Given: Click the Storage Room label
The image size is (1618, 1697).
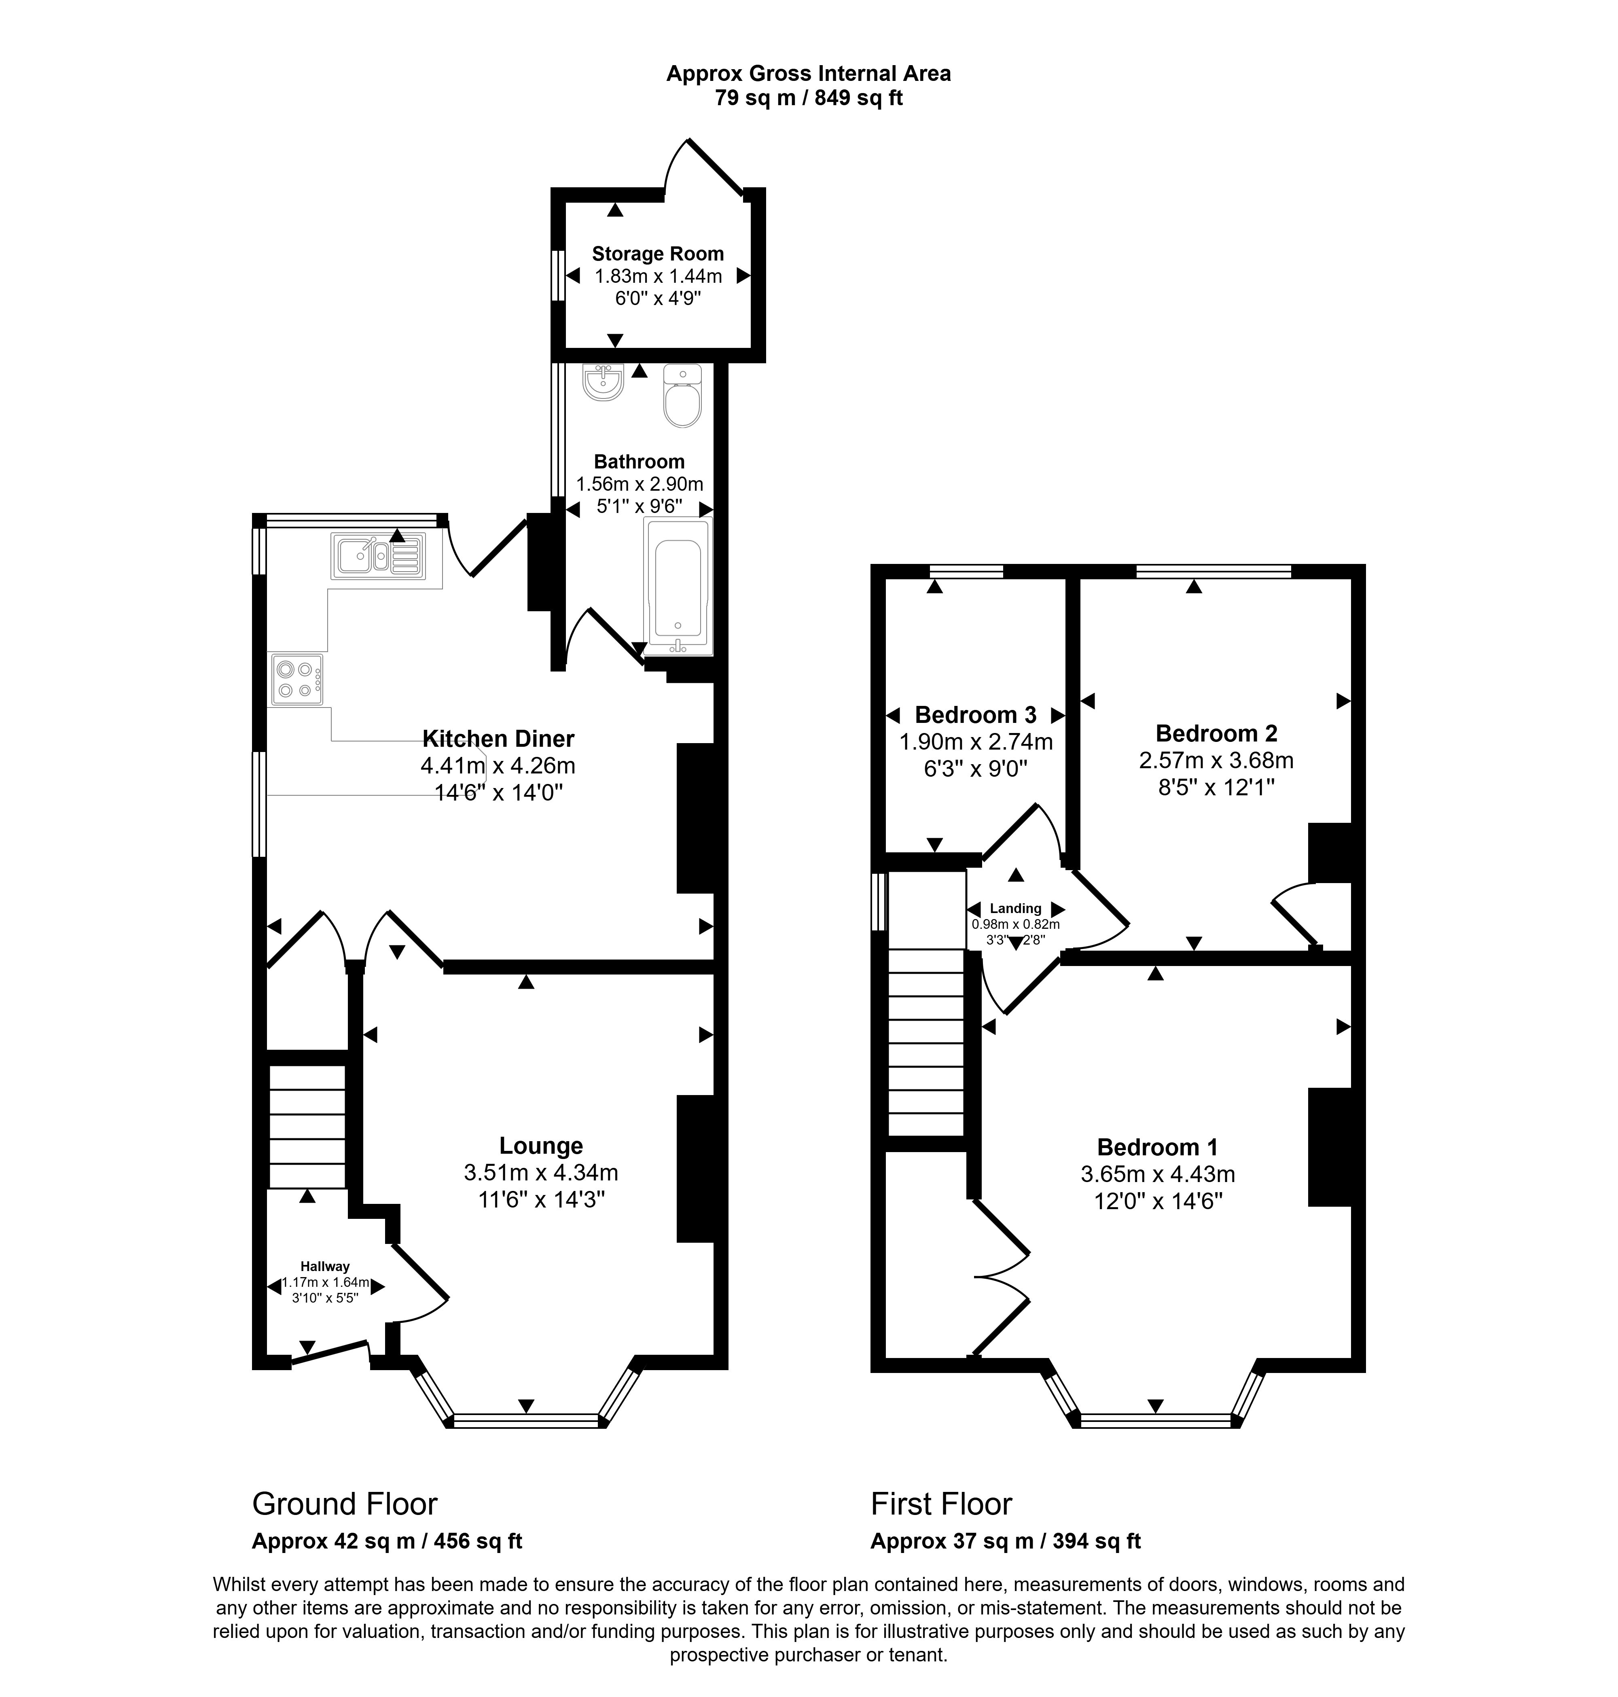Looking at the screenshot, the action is [657, 254].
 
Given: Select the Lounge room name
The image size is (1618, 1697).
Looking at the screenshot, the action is [541, 1146].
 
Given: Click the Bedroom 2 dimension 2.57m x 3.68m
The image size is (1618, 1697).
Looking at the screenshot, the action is [1216, 760].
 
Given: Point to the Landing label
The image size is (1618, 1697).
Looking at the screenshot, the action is [1015, 909].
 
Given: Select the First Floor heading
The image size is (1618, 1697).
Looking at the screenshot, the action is [941, 1504].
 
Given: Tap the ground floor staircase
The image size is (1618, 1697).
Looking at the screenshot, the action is [307, 1127].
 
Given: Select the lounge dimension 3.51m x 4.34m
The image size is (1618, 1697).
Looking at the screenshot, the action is [541, 1172].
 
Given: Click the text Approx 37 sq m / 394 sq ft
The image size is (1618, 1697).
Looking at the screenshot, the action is [1006, 1541].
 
